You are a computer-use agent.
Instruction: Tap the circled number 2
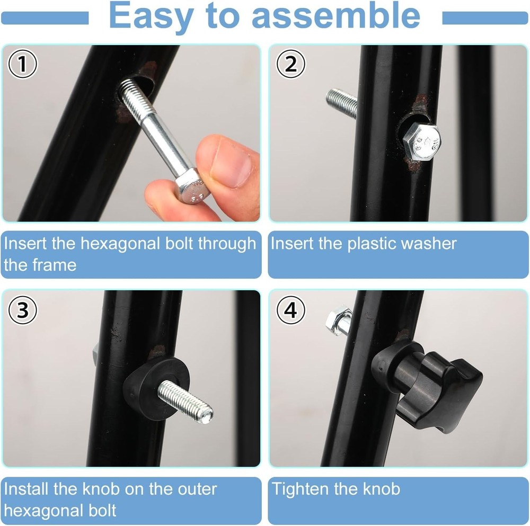291,65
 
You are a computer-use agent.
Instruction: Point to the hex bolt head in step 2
421,141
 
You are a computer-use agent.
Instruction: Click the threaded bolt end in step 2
341,101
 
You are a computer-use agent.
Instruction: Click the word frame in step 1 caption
56,264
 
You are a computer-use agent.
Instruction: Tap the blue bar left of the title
45,19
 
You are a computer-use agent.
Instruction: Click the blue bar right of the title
484,19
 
